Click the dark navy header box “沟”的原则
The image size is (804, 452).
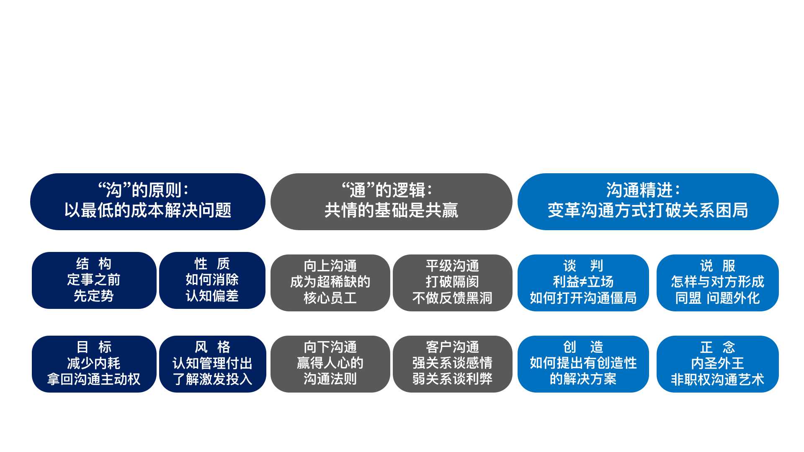point(148,202)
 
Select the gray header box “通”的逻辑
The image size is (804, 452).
point(392,202)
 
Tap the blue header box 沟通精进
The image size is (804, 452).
point(648,202)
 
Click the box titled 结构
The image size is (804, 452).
point(94,280)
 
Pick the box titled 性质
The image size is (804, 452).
point(212,280)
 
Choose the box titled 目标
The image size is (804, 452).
point(94,364)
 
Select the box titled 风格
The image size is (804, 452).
point(213,364)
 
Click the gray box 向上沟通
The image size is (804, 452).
point(330,283)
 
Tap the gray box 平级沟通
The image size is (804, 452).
point(453,283)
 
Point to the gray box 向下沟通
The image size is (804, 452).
point(330,364)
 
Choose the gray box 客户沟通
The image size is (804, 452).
point(453,364)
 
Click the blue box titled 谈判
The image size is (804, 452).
point(583,283)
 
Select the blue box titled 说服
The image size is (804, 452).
point(718,283)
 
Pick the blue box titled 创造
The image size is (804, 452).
point(583,364)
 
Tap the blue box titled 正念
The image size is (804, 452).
point(718,364)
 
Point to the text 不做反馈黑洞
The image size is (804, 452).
point(453,298)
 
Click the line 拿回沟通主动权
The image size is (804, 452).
point(94,379)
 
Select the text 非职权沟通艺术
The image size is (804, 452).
point(718,379)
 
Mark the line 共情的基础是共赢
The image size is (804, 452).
point(392,210)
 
